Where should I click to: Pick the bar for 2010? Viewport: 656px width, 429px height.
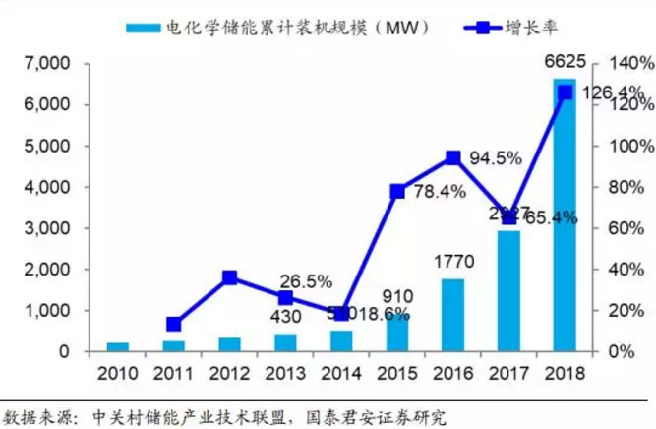pyautogui.click(x=118, y=346)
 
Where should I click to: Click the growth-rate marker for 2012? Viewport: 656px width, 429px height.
pyautogui.click(x=229, y=278)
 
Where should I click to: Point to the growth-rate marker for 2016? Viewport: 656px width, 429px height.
pyautogui.click(x=452, y=157)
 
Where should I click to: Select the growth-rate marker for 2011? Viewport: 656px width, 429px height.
pyautogui.click(x=173, y=324)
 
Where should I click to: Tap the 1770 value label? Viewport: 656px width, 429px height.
pyautogui.click(x=453, y=262)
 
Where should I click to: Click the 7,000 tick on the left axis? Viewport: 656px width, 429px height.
pyautogui.click(x=46, y=64)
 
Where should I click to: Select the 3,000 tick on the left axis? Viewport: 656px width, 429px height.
pyautogui.click(x=46, y=228)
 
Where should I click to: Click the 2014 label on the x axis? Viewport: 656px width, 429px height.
pyautogui.click(x=341, y=375)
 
